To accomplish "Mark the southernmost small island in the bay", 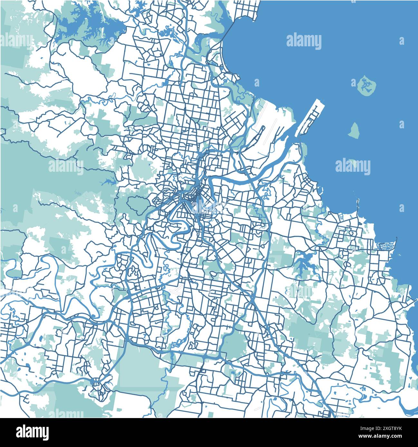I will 354,164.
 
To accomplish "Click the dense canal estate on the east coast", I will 385,246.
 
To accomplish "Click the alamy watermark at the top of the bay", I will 304,42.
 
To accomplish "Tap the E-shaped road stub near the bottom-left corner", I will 26,399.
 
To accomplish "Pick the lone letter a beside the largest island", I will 401,41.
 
